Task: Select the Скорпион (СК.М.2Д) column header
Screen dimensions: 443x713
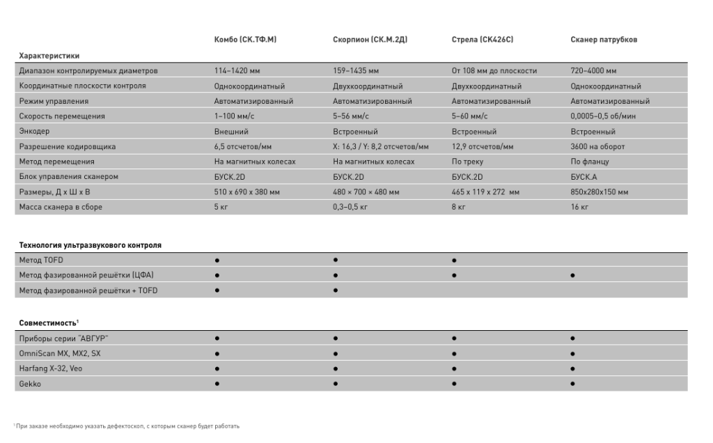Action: coord(370,40)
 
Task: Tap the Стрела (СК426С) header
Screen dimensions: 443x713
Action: coord(483,40)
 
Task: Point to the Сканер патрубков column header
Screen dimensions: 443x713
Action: coord(604,40)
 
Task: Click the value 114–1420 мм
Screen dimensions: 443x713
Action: coord(237,71)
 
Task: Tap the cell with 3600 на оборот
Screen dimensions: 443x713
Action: coord(597,146)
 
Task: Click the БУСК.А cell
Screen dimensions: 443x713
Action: coord(583,177)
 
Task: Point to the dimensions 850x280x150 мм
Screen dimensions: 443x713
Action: coord(600,192)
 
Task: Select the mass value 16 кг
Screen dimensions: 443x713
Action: coord(579,208)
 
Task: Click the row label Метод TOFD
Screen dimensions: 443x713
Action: coord(42,261)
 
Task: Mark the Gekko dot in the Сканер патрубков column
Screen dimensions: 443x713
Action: coord(572,383)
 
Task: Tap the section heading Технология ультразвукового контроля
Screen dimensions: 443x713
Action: coord(90,245)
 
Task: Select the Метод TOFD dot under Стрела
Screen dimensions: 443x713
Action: coord(454,261)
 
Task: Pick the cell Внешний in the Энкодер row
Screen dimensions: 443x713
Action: coord(231,131)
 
